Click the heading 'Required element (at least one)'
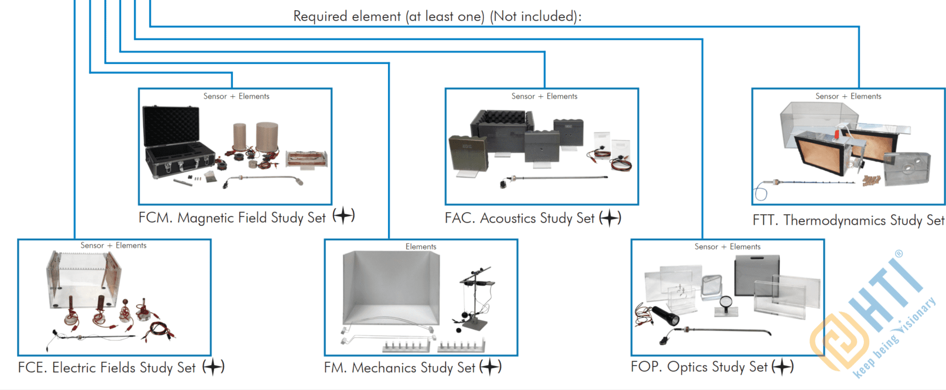(x=437, y=17)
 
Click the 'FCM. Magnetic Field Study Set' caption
(x=232, y=218)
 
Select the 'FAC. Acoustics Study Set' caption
(x=520, y=218)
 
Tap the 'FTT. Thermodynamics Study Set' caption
(x=848, y=221)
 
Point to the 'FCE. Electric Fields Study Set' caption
(x=107, y=368)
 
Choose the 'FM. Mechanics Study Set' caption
(x=399, y=368)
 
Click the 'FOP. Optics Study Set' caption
(x=699, y=367)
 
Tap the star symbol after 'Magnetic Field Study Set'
(x=344, y=216)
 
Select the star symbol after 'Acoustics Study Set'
(x=610, y=218)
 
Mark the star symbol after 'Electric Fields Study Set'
(x=213, y=367)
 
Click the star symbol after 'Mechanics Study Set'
(x=490, y=367)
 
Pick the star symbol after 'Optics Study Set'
(x=782, y=367)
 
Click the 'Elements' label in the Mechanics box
(x=421, y=247)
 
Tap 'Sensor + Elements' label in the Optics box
(x=727, y=247)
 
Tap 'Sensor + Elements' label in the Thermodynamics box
(x=848, y=96)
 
